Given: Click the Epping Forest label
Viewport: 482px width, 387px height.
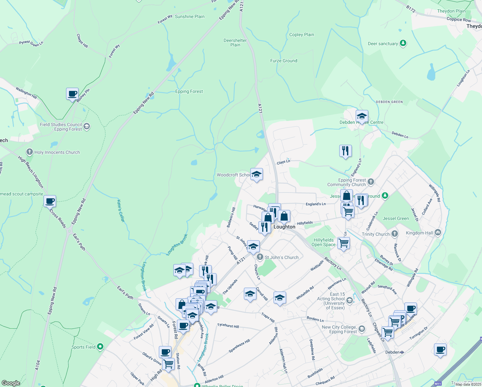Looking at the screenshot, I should click(189, 92).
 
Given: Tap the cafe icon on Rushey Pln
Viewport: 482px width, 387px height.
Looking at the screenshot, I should click(72, 94).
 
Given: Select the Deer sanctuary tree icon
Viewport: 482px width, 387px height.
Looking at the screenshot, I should click(403, 43).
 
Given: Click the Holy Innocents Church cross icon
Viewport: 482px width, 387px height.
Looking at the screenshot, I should click(30, 152).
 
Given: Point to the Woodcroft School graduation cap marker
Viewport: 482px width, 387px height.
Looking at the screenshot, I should click(256, 174).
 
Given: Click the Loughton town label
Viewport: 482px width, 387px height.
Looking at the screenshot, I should click(284, 227).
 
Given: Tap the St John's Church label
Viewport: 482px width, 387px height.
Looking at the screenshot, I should click(281, 257).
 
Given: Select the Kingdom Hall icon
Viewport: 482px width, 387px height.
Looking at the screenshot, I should click(438, 233).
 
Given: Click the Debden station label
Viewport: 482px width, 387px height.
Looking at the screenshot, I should click(392, 352).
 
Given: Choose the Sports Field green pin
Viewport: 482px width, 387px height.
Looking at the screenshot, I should click(100, 347).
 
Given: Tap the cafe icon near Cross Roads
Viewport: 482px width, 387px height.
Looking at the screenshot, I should click(50, 202).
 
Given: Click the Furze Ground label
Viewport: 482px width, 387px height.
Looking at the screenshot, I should click(284, 61).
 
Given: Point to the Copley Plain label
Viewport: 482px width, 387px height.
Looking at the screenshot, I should click(302, 35).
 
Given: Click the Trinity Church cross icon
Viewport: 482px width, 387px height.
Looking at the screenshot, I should click(395, 234).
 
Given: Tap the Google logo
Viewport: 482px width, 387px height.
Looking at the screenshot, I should click(11, 383).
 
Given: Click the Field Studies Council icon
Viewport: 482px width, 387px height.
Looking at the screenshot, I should click(86, 126).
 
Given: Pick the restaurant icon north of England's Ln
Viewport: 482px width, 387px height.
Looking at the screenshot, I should click(345, 151).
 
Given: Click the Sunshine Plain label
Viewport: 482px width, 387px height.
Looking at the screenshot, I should click(189, 17).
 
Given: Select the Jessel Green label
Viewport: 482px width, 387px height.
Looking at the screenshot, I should click(396, 219).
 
